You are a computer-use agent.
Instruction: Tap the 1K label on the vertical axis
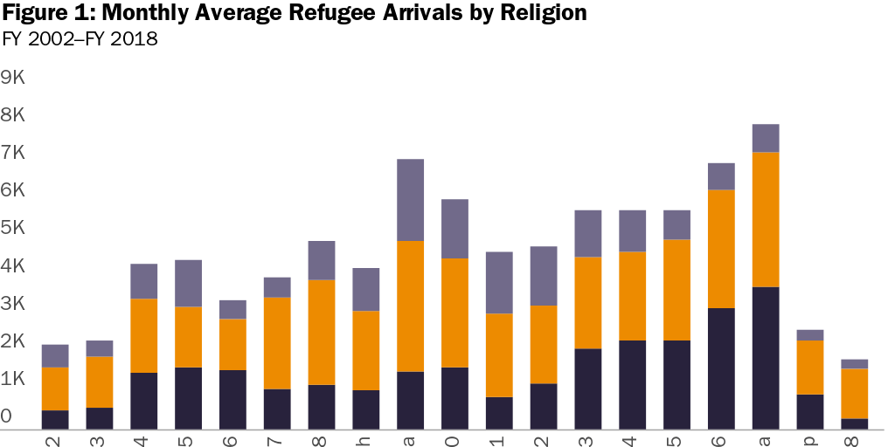(16, 379)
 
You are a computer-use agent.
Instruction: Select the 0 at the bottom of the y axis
(8, 416)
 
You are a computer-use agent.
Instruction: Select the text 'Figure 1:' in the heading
(45, 13)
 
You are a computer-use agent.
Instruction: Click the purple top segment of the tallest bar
(766, 138)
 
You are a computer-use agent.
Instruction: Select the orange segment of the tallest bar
(766, 219)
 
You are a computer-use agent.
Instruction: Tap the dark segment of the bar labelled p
(810, 412)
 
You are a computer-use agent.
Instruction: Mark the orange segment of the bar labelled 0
(454, 313)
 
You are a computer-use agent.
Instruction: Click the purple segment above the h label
(366, 289)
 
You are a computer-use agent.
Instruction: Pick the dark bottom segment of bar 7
(277, 409)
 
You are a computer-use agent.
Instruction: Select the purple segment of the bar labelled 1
(499, 282)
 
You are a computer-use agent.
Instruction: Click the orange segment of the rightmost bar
(854, 394)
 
